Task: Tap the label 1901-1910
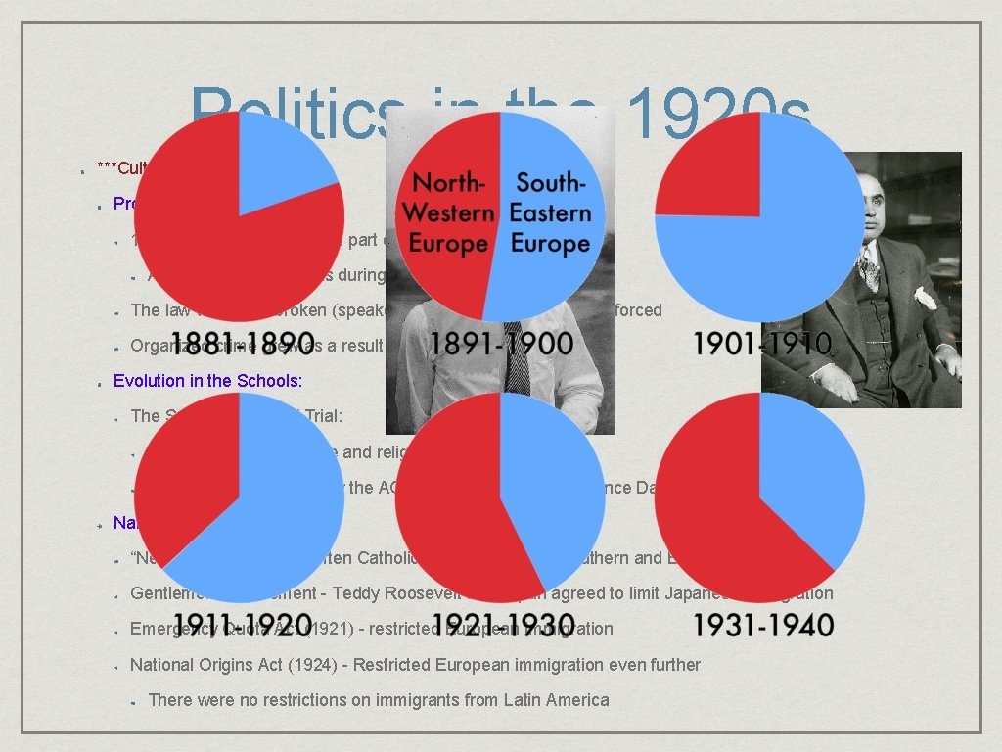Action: click(762, 344)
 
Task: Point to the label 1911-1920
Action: click(239, 625)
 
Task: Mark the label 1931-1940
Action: click(762, 625)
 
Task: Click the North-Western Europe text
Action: click(448, 212)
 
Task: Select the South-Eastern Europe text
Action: click(553, 212)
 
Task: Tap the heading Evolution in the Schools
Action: click(207, 381)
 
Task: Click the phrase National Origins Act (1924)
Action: click(239, 665)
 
